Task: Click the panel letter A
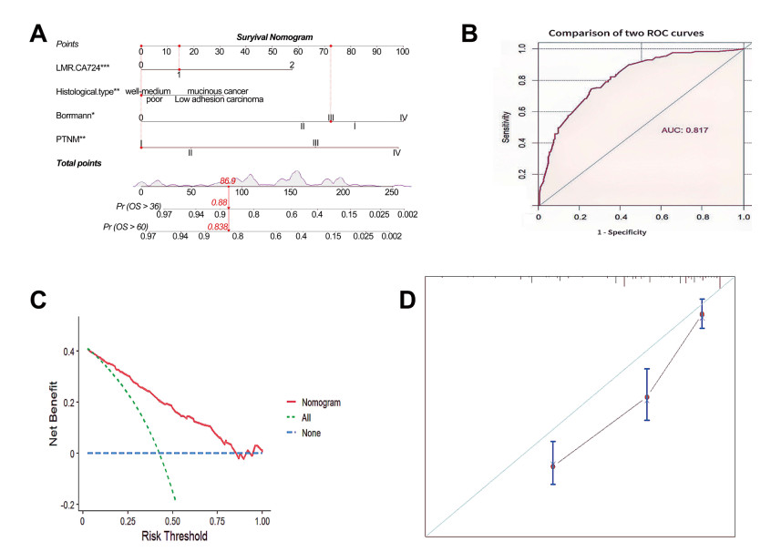point(39,34)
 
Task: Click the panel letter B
point(468,34)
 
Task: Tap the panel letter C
point(39,300)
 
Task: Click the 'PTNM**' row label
point(71,138)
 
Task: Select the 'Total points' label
point(78,163)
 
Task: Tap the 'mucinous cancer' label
point(219,91)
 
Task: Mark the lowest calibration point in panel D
point(553,465)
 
